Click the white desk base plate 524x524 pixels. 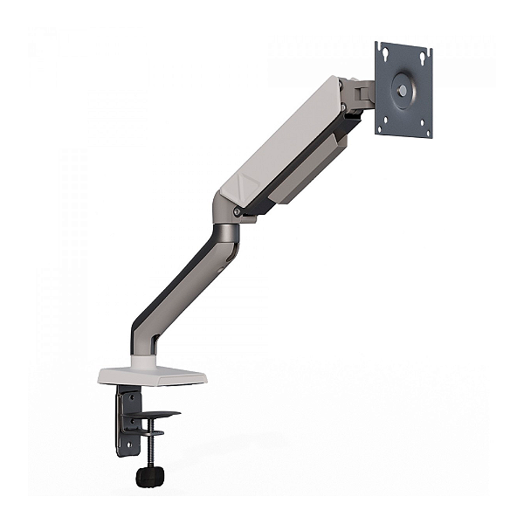tap(152, 376)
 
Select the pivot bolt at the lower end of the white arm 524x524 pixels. tap(238, 211)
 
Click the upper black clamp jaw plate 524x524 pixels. tap(157, 414)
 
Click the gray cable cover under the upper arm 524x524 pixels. tap(306, 175)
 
